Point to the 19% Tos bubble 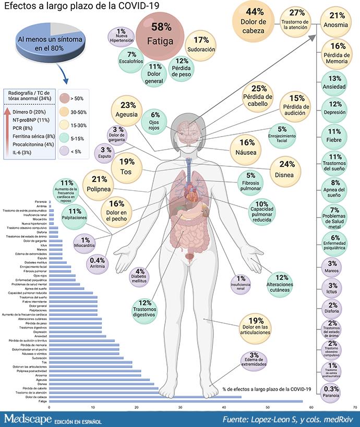tap(124, 166)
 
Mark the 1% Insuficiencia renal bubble tap(241, 283)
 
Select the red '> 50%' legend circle tap(66, 99)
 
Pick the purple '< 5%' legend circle tap(66, 152)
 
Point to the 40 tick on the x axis tap(224, 408)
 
